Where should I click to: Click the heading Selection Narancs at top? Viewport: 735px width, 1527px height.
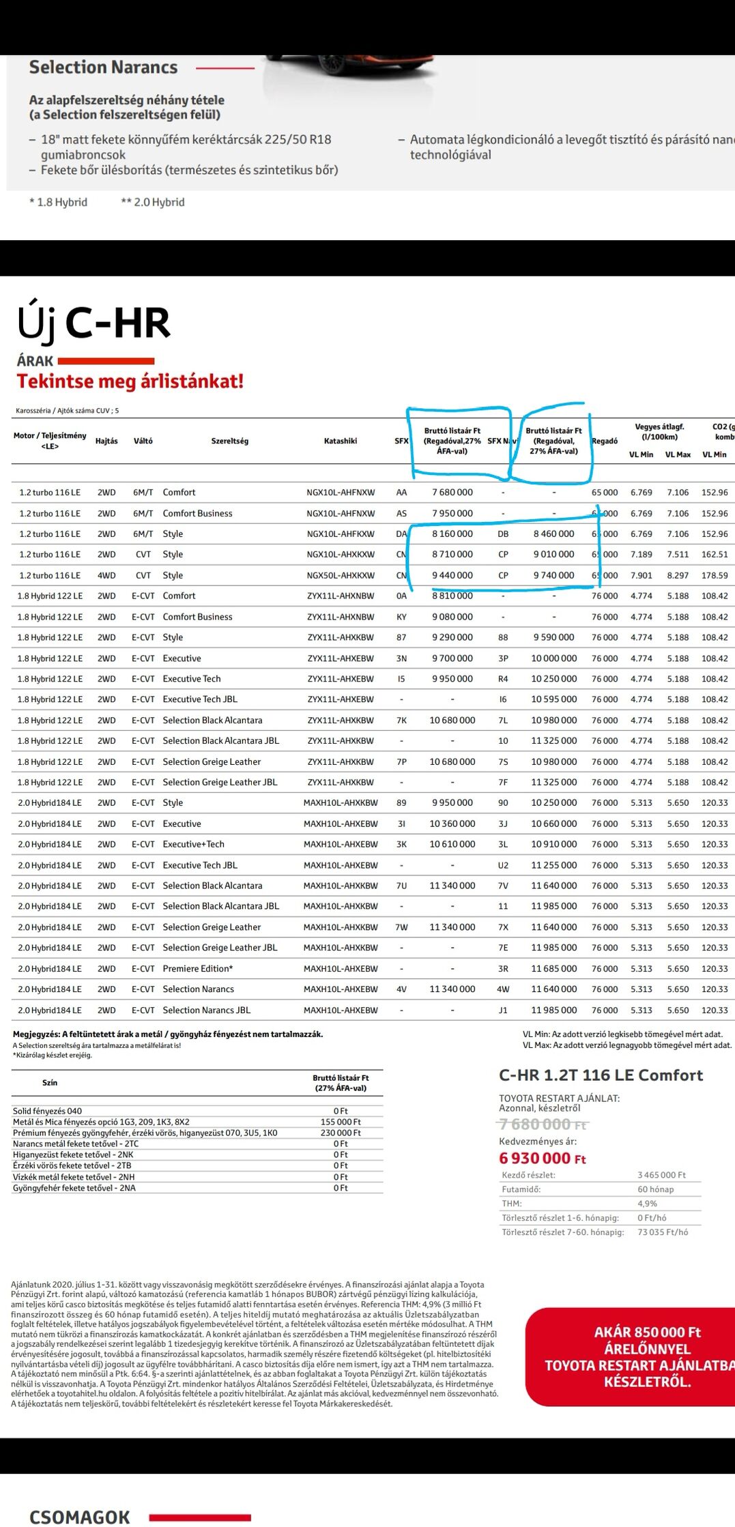tap(103, 68)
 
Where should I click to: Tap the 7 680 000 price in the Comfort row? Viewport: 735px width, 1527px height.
tap(452, 493)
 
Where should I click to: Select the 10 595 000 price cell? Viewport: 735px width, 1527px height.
tap(553, 699)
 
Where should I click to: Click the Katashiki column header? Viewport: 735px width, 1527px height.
tap(341, 441)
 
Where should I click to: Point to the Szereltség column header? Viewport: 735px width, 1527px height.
tap(230, 441)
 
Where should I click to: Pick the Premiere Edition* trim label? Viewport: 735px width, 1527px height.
tap(197, 969)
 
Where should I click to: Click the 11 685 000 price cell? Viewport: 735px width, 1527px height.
tap(553, 969)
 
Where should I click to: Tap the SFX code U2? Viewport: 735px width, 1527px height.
tap(503, 865)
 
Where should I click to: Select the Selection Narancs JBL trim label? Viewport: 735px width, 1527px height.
tap(206, 1010)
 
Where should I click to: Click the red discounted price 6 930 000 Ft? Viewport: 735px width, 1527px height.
tap(542, 1158)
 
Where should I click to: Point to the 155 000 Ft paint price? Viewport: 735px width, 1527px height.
tap(341, 1122)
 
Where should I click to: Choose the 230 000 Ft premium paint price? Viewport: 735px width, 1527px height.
tap(341, 1133)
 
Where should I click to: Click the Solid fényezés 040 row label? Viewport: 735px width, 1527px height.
tap(47, 1111)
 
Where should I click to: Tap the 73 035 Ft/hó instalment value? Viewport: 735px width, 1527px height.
tap(663, 1232)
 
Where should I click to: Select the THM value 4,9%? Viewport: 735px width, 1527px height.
tap(647, 1204)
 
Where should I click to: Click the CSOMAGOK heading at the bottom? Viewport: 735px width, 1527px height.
tap(79, 1517)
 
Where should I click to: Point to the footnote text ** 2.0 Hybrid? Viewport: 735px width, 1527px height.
tap(152, 202)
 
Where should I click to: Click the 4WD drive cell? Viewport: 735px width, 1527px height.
tap(106, 575)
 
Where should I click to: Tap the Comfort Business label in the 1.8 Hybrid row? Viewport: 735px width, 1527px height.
tap(197, 617)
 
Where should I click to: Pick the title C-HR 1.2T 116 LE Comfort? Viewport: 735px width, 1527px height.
tap(601, 1075)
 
